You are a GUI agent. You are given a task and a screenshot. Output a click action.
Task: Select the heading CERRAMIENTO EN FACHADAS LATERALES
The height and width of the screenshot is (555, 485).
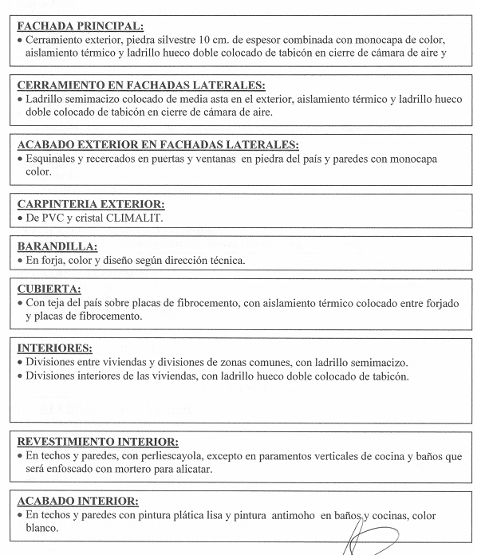click(x=140, y=85)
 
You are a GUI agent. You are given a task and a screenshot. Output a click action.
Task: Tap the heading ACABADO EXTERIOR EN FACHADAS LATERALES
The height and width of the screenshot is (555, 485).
click(x=157, y=144)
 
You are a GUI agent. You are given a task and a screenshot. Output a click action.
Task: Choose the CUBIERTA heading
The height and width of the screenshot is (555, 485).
click(x=49, y=289)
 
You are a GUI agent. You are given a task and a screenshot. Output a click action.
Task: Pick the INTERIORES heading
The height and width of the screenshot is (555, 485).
click(x=54, y=348)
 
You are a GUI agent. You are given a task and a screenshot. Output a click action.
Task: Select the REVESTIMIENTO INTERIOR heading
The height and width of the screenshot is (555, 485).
click(x=97, y=441)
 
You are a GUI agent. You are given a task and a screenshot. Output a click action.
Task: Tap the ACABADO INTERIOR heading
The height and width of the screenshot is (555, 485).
click(x=77, y=501)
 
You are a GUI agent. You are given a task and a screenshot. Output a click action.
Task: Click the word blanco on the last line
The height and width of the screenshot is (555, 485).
click(x=41, y=529)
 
